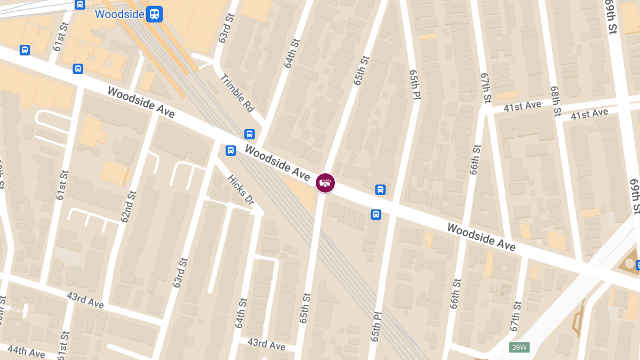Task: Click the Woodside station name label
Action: [x=119, y=14]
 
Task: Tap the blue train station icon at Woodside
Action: [x=155, y=14]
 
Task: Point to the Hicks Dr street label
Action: [x=241, y=190]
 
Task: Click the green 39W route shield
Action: [x=519, y=347]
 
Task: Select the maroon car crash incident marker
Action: [x=325, y=183]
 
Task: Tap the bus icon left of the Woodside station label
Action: [x=80, y=5]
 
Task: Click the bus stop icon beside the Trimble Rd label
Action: [x=249, y=134]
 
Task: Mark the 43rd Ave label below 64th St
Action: [x=266, y=345]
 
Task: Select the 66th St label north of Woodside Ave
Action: [x=474, y=159]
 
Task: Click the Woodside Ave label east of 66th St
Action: [x=481, y=237]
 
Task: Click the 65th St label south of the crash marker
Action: [x=305, y=308]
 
